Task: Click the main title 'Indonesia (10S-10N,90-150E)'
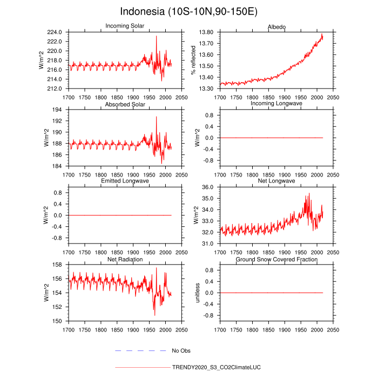pos(189,11)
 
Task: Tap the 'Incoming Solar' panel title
pos(125,26)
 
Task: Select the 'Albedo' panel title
pos(276,26)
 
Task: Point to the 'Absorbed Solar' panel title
pos(125,103)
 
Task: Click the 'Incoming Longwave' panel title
pos(276,103)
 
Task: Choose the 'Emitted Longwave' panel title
pos(125,180)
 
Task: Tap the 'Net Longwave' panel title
pos(276,180)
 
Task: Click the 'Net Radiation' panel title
pos(125,259)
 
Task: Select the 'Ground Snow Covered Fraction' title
pos(276,259)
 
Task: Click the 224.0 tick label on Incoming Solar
pos(56,32)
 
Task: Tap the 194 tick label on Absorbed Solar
pos(59,109)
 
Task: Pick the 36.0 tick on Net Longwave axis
pos(208,187)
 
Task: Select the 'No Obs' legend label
pos(181,351)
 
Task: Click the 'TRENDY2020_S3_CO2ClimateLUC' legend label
pos(216,367)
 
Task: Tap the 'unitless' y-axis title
pos(198,292)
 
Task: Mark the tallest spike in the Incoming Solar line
pos(157,36)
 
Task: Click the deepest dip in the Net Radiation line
pos(154,315)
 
